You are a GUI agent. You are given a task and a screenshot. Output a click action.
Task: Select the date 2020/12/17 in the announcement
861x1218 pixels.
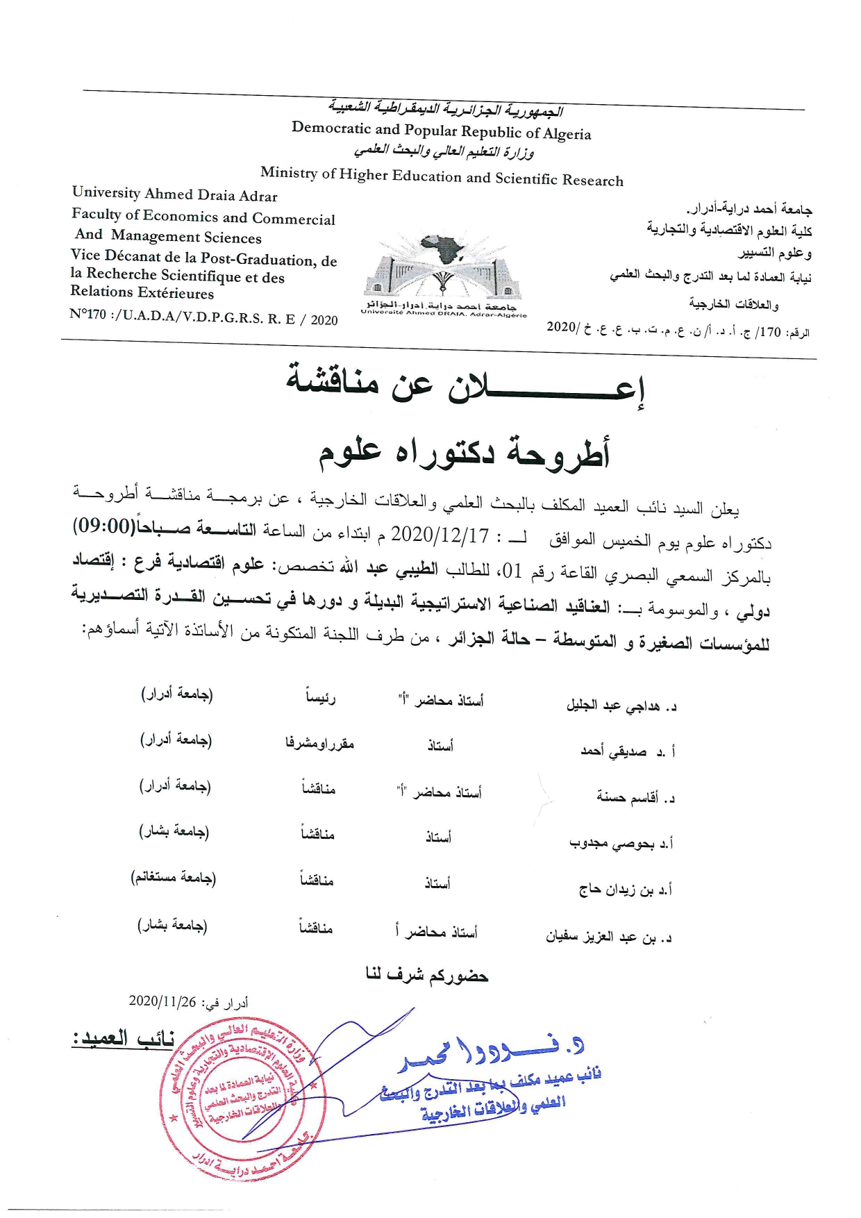[440, 535]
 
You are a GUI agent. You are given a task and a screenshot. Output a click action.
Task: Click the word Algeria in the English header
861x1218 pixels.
[568, 134]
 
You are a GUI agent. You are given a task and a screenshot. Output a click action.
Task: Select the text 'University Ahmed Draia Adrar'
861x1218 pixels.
[174, 194]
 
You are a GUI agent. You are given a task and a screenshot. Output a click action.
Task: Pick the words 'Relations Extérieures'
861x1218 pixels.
[142, 292]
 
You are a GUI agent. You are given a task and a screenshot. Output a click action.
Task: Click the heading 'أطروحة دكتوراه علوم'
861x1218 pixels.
[464, 452]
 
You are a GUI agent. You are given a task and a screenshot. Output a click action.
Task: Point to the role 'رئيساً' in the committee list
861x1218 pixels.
[321, 697]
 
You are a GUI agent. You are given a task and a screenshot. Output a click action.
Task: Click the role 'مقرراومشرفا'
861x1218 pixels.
[319, 744]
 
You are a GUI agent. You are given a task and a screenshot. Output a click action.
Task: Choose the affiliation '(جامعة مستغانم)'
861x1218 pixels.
[174, 878]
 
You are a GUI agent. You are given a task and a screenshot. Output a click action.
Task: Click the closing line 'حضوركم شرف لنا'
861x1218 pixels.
[427, 976]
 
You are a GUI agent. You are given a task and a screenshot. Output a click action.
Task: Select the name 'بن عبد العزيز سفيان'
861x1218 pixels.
[601, 937]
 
